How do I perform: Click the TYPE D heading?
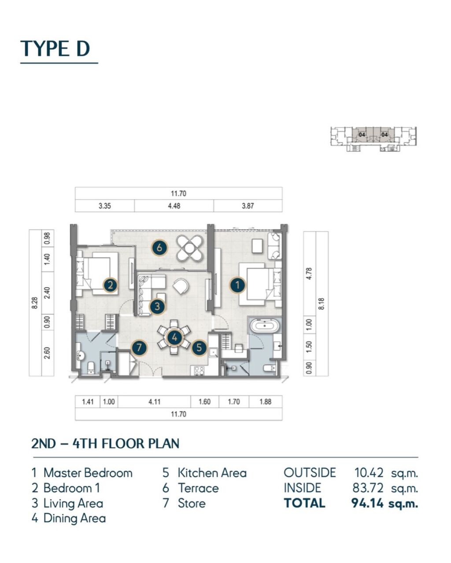(x=55, y=48)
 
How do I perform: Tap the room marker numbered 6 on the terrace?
(x=159, y=247)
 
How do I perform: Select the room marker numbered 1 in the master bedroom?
(x=237, y=285)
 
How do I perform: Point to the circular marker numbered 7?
(x=139, y=347)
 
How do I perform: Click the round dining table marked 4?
(x=174, y=337)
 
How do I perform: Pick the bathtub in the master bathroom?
(x=265, y=326)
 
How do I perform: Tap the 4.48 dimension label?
(x=174, y=206)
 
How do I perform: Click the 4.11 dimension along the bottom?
(x=154, y=402)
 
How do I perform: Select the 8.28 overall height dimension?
(x=35, y=303)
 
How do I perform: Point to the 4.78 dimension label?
(x=309, y=274)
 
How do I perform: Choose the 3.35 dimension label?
(x=104, y=206)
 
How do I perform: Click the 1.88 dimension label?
(x=265, y=402)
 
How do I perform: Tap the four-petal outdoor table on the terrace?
(x=189, y=248)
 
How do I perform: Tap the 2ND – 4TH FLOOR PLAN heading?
(x=105, y=444)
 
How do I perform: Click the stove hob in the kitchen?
(x=199, y=370)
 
